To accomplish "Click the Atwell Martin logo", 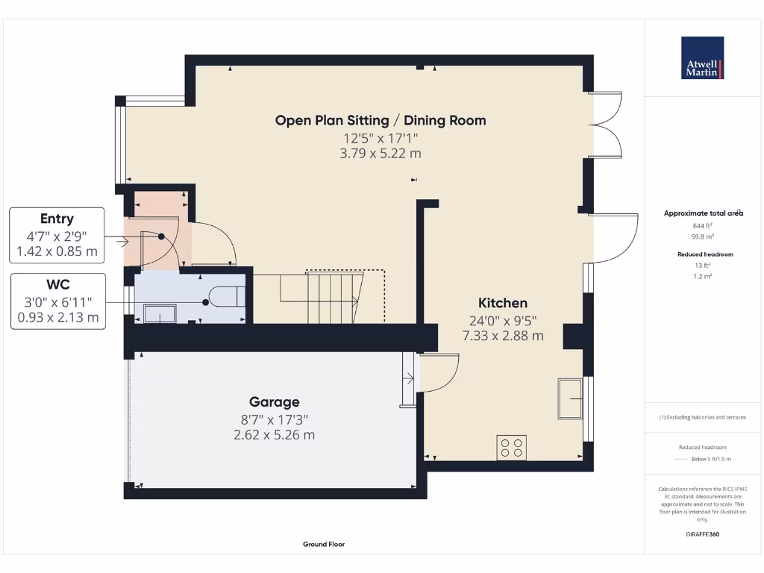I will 702,58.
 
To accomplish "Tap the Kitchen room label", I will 502,303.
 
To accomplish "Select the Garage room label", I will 275,402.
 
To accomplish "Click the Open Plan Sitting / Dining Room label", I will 381,120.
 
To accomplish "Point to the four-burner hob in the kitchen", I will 511,448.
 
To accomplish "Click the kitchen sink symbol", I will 571,398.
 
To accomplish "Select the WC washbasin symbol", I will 158,313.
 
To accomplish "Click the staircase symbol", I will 333,297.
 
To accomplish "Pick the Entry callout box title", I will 57,219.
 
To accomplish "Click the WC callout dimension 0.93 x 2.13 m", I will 57,317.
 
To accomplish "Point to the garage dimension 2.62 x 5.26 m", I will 274,435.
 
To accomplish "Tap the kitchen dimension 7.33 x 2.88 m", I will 502,336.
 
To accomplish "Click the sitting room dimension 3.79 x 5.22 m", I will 381,154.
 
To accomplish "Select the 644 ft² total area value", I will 704,225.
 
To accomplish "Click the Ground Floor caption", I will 324,545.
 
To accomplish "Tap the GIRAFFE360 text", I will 703,534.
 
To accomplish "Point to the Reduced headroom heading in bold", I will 704,254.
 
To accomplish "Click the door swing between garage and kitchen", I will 440,373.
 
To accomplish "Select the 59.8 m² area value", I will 704,237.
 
